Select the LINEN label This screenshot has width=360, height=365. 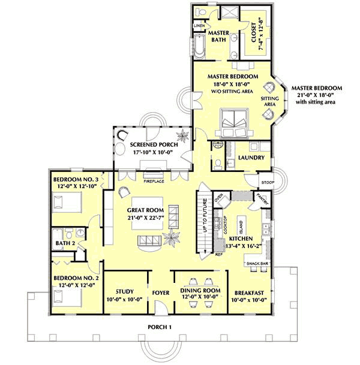tap(199, 26)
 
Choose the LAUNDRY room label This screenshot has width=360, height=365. tap(251, 159)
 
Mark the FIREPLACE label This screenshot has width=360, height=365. tap(154, 180)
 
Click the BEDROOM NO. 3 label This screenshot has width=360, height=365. tap(76, 179)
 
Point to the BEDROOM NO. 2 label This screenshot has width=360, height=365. tap(76, 278)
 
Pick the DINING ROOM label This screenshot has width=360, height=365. tap(196, 292)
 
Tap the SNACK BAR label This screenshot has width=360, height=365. tap(257, 264)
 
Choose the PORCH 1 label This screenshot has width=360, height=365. tap(160, 327)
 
